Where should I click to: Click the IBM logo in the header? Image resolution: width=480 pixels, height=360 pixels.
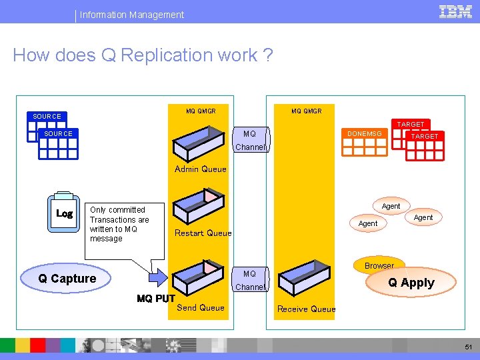(455, 11)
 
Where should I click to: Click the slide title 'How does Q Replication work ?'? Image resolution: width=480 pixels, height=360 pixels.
(143, 55)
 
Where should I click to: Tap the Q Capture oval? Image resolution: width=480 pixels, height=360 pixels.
(67, 279)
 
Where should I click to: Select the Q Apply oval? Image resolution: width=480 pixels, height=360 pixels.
(411, 283)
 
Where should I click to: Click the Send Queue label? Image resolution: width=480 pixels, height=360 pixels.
(200, 307)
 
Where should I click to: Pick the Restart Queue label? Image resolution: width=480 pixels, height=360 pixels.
(203, 233)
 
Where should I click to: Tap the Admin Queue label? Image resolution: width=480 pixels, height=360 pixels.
(200, 169)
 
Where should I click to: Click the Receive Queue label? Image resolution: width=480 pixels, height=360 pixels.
(306, 309)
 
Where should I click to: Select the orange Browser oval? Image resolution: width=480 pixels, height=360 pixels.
(379, 265)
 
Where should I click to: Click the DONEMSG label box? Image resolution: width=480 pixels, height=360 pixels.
(365, 134)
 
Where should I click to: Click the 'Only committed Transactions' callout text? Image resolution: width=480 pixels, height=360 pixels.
(119, 224)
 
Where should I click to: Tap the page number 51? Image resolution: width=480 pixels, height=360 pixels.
(469, 347)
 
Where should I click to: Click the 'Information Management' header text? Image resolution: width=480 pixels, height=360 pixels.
(132, 14)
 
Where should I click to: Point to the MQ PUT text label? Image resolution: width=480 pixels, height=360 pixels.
(155, 299)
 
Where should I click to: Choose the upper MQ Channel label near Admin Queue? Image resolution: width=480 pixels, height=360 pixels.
(250, 141)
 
